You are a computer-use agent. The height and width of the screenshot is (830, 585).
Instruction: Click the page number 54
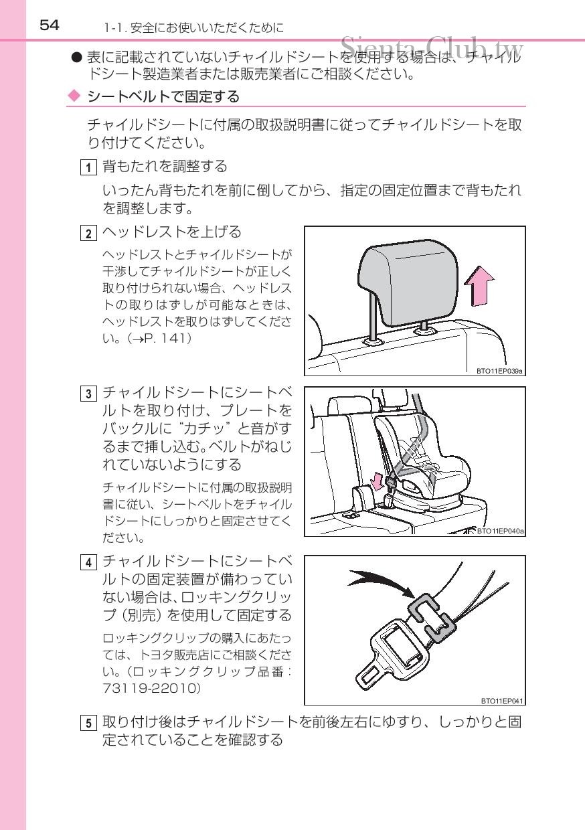click(50, 25)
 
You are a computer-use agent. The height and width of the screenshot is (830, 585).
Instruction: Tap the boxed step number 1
click(88, 167)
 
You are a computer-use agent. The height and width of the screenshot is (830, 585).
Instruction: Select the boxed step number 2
click(88, 234)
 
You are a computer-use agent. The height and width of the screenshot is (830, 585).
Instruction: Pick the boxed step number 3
click(88, 394)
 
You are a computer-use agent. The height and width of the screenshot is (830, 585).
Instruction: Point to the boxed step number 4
click(88, 562)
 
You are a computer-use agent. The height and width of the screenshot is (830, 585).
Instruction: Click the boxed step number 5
click(88, 723)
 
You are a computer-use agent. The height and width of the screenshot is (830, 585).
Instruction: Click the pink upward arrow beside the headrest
click(479, 286)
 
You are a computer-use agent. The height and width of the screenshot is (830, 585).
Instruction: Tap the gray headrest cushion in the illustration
click(408, 282)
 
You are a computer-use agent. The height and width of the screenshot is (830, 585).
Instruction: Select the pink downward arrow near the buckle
click(378, 481)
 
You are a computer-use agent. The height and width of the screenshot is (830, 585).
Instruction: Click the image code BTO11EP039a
click(499, 371)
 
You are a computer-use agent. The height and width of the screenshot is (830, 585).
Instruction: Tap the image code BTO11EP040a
click(500, 531)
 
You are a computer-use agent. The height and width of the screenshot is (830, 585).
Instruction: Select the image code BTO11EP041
click(502, 701)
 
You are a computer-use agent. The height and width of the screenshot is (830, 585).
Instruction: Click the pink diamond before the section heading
click(74, 96)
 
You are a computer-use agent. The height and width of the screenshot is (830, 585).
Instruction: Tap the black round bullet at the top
click(76, 58)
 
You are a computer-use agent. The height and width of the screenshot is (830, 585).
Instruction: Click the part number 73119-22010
click(152, 688)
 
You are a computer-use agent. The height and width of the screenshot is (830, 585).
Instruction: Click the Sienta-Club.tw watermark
click(432, 47)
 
